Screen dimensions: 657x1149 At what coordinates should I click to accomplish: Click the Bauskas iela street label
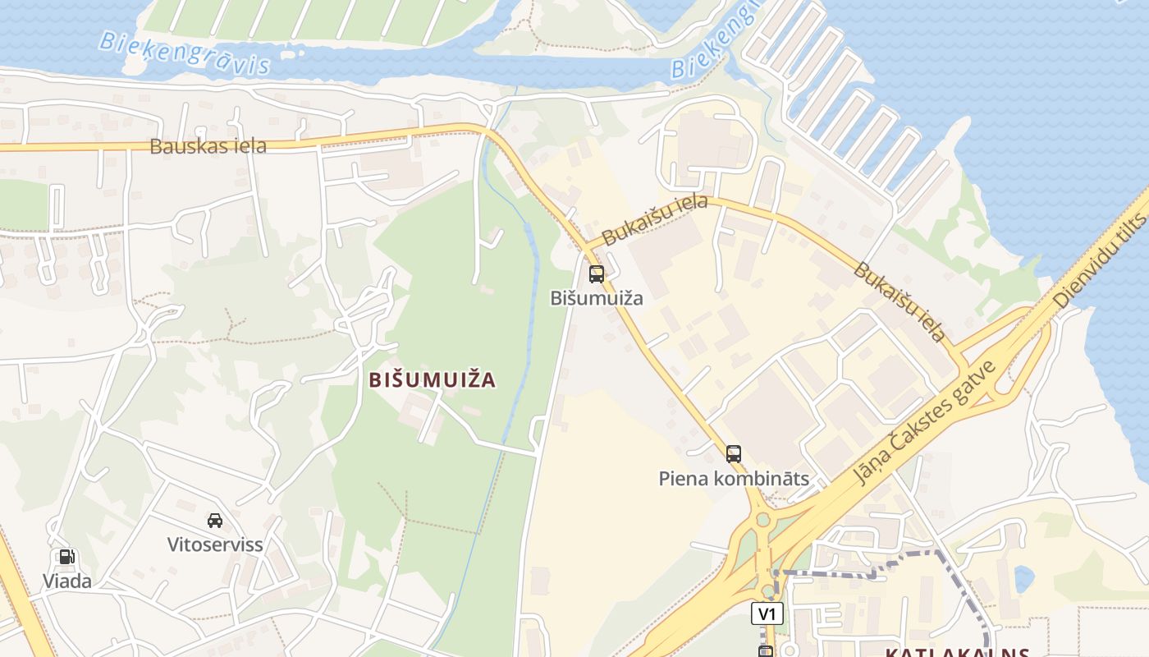pos(208,146)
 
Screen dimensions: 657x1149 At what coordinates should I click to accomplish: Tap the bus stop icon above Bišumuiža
pos(597,274)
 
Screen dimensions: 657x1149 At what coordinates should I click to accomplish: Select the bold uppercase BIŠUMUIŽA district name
pos(433,379)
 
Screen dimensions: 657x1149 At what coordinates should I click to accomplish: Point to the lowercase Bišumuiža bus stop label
pos(597,298)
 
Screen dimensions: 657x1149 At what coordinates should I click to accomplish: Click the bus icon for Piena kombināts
pos(734,453)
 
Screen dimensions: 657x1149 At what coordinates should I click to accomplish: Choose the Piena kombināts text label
pos(734,479)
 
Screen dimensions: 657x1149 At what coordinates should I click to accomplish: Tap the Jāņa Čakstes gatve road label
pos(925,422)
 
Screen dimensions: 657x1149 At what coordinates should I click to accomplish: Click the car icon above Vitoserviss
pos(215,520)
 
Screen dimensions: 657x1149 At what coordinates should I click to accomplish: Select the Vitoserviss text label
pos(215,544)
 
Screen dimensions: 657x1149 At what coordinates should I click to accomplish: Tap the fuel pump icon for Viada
pos(67,557)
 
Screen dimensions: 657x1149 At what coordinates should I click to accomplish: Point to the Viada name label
pos(67,581)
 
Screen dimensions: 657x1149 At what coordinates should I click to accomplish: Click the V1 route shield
pos(767,613)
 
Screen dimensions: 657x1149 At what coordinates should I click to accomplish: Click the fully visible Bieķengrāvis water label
pos(185,53)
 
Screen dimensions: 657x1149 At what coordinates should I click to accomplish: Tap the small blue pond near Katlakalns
pos(1023,579)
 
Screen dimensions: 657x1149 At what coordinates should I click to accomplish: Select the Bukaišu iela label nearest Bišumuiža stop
pos(654,219)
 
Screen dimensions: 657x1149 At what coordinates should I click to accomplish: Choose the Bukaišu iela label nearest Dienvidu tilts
pos(899,301)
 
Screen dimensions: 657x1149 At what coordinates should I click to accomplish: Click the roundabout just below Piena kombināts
pos(763,519)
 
